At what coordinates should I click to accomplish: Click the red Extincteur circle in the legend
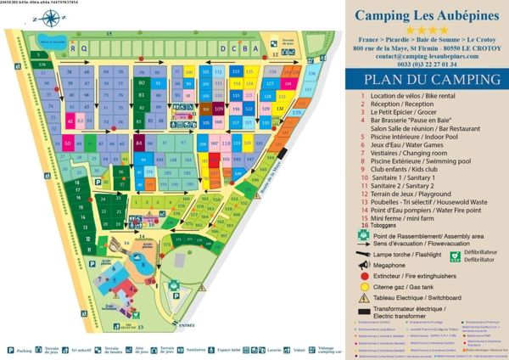(364, 277)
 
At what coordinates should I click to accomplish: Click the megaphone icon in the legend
(364, 265)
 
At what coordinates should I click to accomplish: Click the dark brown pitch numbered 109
(219, 110)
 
